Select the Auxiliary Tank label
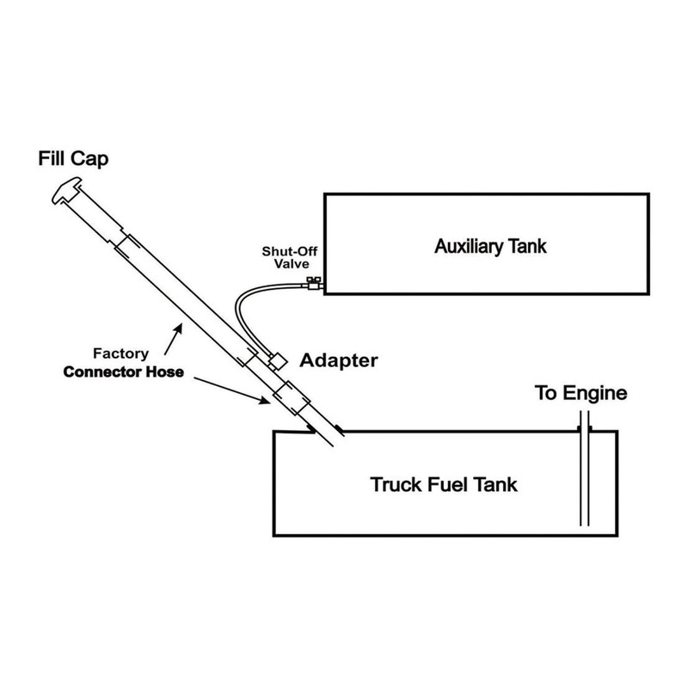tap(489, 246)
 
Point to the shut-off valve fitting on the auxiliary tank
tap(314, 285)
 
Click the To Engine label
tap(582, 396)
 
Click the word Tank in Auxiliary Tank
tap(527, 246)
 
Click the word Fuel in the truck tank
tap(447, 485)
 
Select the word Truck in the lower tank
tap(395, 485)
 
